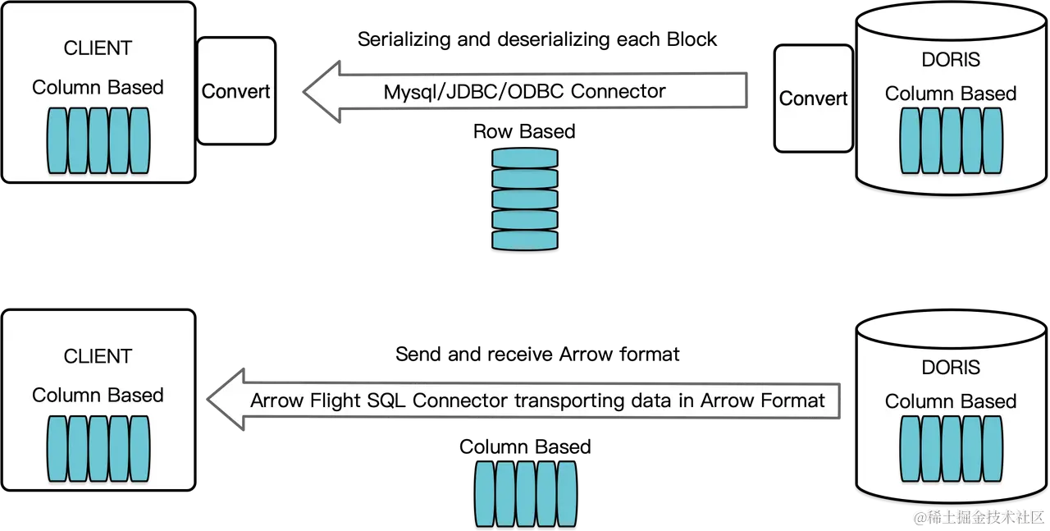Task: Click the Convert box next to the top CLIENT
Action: pos(236,91)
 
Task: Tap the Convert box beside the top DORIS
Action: pos(813,98)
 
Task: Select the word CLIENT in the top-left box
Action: pos(98,48)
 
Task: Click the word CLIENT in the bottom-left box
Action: pos(98,356)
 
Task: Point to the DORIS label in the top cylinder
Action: pos(951,60)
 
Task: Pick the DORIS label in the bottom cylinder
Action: pos(951,367)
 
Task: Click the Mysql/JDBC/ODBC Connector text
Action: pos(524,90)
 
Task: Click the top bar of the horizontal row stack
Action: pos(525,158)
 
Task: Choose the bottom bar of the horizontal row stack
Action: pos(525,240)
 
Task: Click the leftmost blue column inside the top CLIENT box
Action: pos(57,140)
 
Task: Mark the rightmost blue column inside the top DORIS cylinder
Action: pos(992,140)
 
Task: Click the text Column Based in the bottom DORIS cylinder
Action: pos(951,401)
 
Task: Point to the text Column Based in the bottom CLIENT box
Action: pos(98,395)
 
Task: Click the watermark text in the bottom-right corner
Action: pos(978,516)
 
